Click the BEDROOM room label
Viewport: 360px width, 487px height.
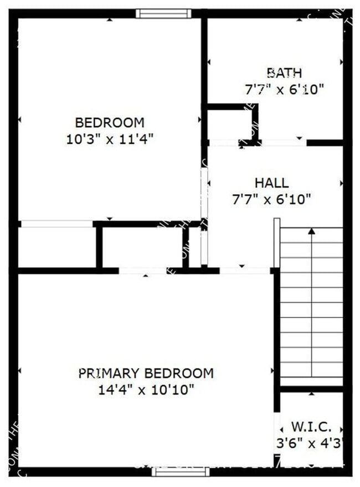[x=109, y=122]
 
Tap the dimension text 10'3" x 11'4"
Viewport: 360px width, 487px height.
[x=109, y=138]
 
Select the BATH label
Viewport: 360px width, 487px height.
[x=284, y=72]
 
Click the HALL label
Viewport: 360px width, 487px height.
[x=271, y=183]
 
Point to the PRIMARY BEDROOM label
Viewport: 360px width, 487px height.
[x=146, y=373]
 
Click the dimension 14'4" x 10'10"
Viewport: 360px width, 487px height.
[x=146, y=390]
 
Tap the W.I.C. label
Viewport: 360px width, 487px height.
[x=311, y=427]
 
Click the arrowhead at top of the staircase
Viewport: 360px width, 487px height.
[x=312, y=232]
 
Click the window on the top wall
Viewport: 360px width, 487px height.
[x=163, y=13]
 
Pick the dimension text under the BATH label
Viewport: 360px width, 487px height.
[x=284, y=89]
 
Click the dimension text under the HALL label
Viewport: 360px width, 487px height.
[x=271, y=199]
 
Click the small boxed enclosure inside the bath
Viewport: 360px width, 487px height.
[x=230, y=125]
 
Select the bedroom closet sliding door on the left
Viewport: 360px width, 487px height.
[x=56, y=224]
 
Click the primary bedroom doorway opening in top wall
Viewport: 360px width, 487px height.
[x=142, y=271]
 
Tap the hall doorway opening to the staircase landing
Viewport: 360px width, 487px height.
[x=244, y=271]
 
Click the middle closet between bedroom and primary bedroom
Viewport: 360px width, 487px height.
[x=142, y=247]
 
